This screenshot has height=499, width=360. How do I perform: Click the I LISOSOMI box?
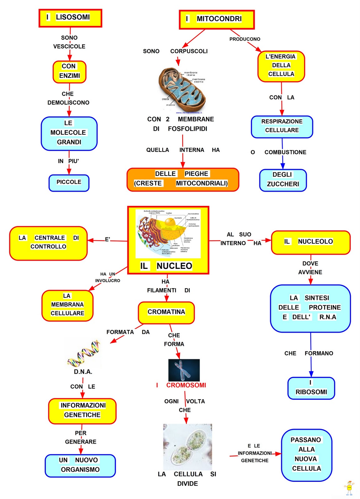[x=70, y=18]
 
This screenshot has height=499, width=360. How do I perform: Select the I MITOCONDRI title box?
[x=217, y=19]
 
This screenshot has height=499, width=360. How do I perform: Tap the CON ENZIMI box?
[x=69, y=72]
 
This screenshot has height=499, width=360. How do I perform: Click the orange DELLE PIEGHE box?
[x=183, y=179]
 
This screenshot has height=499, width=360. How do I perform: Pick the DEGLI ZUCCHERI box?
[x=283, y=180]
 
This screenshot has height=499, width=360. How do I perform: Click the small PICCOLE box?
[x=69, y=183]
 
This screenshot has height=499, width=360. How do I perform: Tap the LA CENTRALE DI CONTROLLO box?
[x=48, y=243]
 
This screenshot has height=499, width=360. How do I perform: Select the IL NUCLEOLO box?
[x=311, y=242]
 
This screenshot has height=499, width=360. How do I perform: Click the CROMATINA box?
[x=166, y=312]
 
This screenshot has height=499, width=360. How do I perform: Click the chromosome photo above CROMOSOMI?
[x=184, y=370]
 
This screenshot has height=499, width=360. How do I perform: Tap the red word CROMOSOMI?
[x=186, y=385]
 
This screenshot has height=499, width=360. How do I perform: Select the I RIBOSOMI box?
[x=311, y=388]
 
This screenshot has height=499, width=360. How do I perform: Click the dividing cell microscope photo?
[x=187, y=447]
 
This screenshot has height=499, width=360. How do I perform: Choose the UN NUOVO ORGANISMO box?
[x=80, y=465]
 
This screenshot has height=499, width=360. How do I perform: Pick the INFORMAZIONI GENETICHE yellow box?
[x=82, y=411]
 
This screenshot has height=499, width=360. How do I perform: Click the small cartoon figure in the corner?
[x=349, y=488]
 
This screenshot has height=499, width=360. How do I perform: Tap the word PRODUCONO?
[x=245, y=39]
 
